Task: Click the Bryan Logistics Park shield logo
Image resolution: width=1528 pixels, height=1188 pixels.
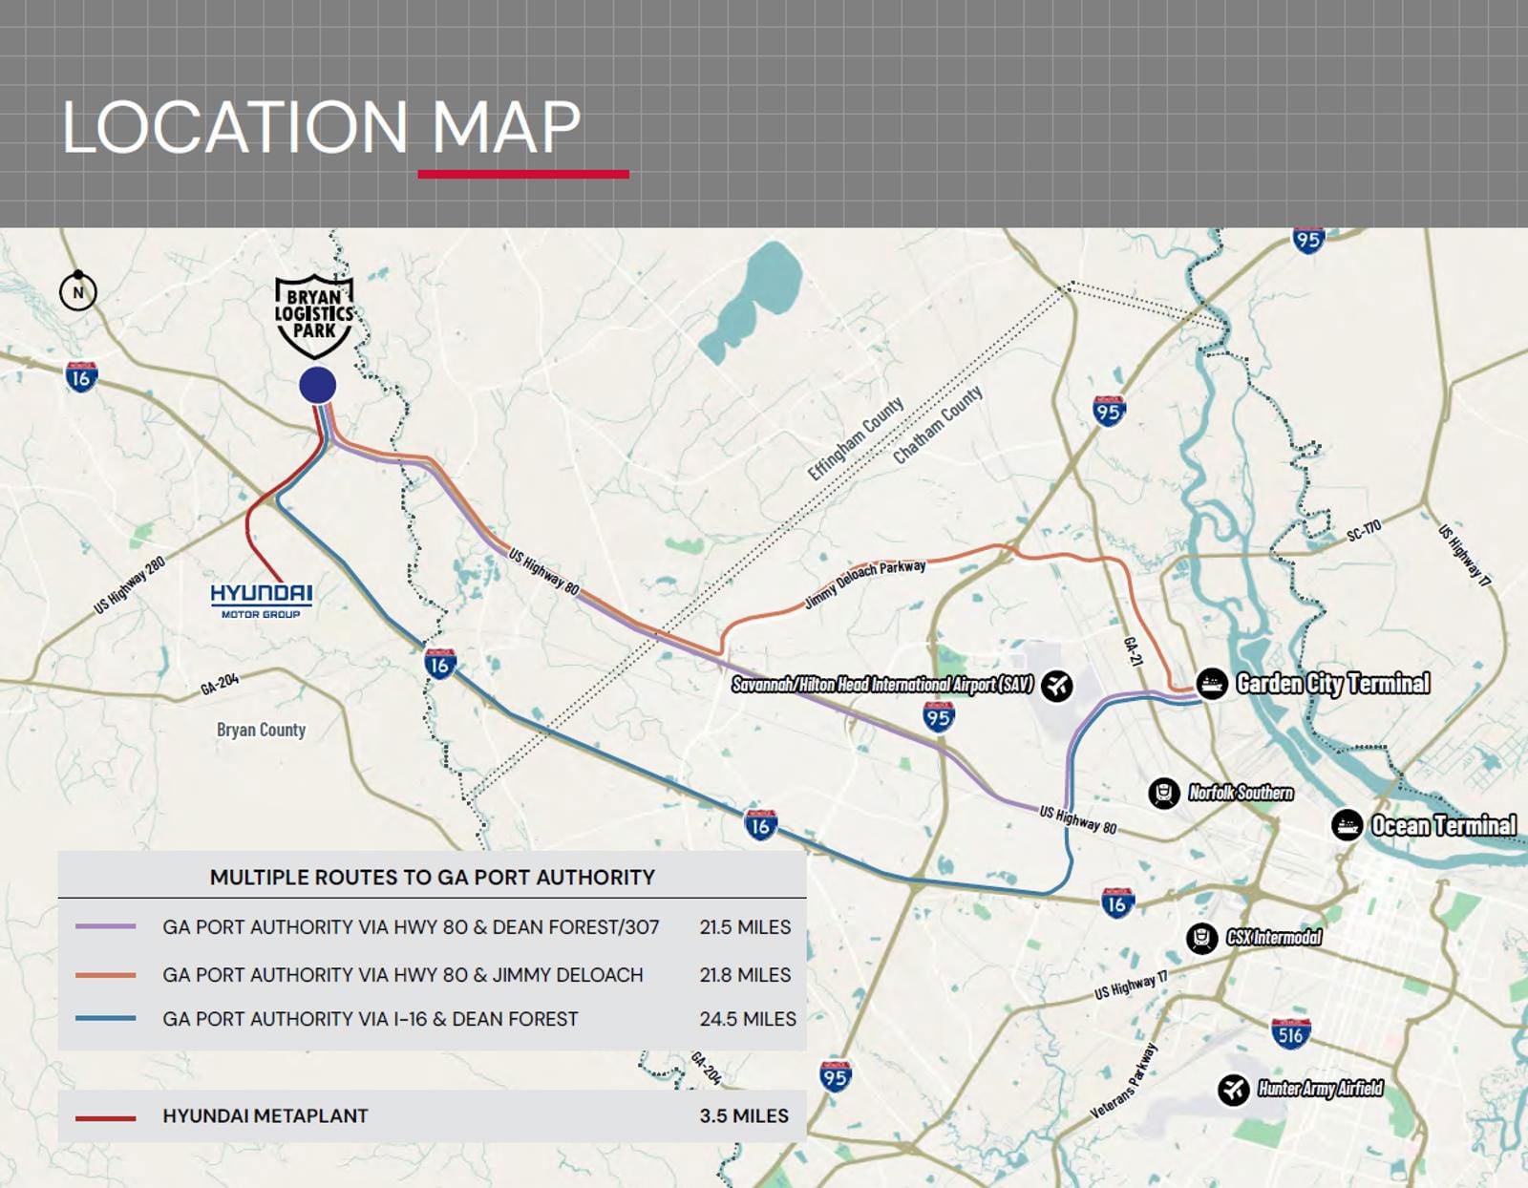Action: [x=314, y=314]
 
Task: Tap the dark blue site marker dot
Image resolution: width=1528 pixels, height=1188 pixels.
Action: [x=317, y=385]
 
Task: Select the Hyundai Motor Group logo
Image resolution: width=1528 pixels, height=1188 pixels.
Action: [x=261, y=599]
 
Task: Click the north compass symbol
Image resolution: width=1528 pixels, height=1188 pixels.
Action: [x=78, y=291]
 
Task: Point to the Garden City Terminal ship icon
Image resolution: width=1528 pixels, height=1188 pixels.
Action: [x=1212, y=684]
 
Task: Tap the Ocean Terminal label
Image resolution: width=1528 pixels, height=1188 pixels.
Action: [x=1443, y=825]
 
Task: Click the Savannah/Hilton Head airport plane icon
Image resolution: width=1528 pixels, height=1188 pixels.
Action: [x=1057, y=685]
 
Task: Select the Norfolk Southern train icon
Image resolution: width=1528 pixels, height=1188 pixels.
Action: [x=1163, y=793]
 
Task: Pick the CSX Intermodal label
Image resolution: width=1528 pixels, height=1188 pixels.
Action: [x=1274, y=937]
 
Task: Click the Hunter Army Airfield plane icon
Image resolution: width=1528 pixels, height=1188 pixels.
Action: [x=1234, y=1089]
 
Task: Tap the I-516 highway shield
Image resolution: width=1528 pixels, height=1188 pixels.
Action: [x=1290, y=1033]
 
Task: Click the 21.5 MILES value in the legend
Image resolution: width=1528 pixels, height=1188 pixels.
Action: [x=745, y=926]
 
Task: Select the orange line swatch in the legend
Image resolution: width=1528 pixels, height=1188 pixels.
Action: [x=105, y=975]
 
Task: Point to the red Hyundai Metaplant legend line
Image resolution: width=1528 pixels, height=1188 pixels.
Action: [x=105, y=1117]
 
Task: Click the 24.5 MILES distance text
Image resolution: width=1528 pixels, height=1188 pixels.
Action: [x=747, y=1019]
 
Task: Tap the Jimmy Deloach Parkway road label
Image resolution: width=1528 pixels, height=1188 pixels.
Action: [x=865, y=583]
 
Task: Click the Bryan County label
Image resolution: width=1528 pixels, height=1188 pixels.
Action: [x=261, y=730]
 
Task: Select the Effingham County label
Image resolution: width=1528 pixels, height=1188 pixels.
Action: [x=855, y=438]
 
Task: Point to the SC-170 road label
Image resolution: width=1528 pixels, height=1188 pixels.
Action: [x=1364, y=531]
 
